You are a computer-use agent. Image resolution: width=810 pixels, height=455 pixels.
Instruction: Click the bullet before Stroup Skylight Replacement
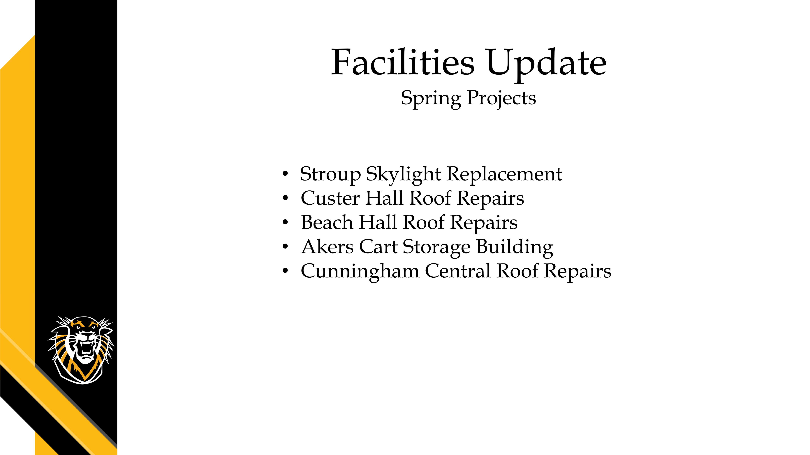(285, 174)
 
